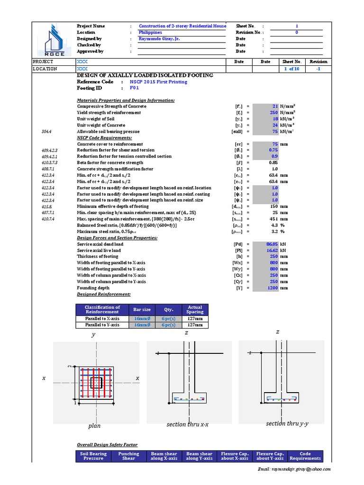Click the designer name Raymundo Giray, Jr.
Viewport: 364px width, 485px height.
(159, 39)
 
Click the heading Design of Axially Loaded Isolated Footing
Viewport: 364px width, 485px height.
(145, 76)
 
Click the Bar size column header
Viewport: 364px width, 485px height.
(142, 310)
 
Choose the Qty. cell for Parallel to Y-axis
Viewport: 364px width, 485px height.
(168, 325)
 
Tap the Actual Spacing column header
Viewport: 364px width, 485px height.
(195, 310)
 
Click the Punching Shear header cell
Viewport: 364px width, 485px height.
(128, 456)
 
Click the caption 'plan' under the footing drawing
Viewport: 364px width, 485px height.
(94, 426)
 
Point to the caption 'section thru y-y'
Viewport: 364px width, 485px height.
(287, 423)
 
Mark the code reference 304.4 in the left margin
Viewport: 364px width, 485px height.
(46, 132)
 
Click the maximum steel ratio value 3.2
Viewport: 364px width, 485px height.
(274, 232)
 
